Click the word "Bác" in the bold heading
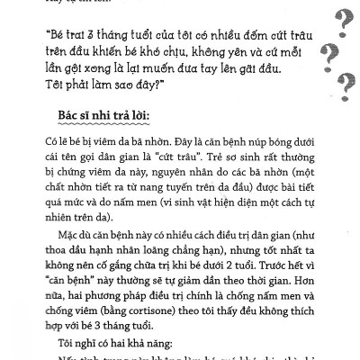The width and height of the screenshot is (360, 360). (x=59, y=120)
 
